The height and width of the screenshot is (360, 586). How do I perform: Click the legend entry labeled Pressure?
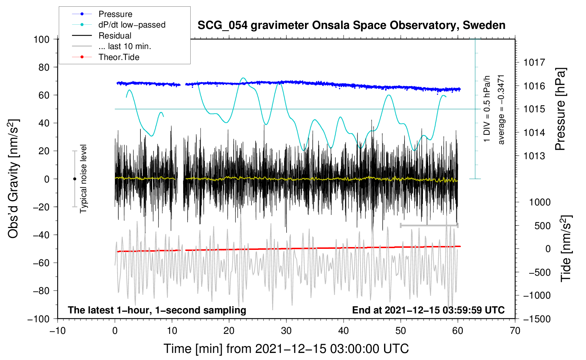click(x=115, y=14)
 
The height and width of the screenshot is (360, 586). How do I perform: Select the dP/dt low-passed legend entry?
click(x=132, y=25)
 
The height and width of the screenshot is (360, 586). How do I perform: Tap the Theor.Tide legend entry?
click(x=119, y=57)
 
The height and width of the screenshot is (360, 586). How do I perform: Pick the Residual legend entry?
click(x=115, y=36)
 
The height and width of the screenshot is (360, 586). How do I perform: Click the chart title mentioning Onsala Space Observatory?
click(x=351, y=25)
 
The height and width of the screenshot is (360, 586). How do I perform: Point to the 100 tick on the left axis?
click(x=41, y=39)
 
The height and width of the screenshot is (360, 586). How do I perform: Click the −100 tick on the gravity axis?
click(x=38, y=319)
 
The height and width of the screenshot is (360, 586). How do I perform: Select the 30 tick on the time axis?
click(x=286, y=331)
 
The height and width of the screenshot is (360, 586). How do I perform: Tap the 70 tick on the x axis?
click(x=515, y=331)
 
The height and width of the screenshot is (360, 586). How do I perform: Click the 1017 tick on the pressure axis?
click(x=534, y=62)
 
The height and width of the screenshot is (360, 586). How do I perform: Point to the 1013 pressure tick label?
click(x=534, y=156)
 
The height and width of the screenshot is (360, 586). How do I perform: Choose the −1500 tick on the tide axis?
click(x=537, y=319)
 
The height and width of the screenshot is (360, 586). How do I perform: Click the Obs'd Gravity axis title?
click(x=13, y=179)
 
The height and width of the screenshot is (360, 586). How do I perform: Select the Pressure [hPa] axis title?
click(x=560, y=109)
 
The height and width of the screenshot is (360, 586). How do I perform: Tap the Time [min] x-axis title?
click(x=286, y=349)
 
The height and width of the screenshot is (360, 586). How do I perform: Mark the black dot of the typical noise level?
click(x=74, y=179)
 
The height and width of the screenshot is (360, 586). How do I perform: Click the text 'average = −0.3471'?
click(x=501, y=109)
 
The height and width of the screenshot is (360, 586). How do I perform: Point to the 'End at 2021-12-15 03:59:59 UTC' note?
click(x=428, y=310)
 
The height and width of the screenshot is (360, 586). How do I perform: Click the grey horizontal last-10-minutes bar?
click(x=429, y=225)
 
